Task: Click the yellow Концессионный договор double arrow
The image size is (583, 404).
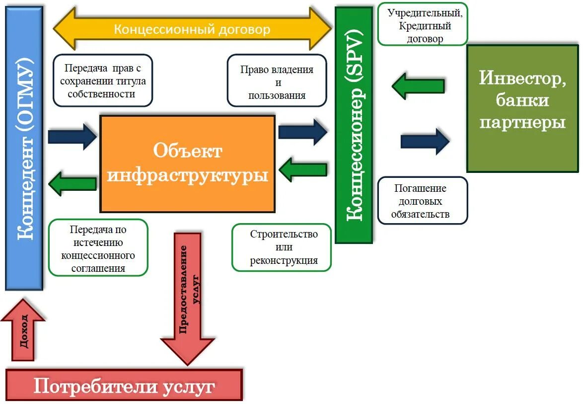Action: (192, 29)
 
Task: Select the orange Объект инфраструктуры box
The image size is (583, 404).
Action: (187, 164)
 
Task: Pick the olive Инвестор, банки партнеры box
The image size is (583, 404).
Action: (522, 108)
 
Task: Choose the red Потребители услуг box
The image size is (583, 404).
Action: (124, 386)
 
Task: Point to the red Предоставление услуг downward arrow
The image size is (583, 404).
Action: (187, 293)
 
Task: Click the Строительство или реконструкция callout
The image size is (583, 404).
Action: (282, 247)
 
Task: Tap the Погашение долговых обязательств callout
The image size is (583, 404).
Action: (422, 201)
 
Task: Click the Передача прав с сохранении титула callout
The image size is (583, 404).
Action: (103, 81)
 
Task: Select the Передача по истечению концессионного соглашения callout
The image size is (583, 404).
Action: (98, 247)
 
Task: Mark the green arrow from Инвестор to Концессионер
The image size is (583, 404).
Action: (418, 85)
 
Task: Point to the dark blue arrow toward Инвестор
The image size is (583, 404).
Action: (425, 141)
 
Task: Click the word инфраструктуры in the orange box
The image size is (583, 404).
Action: (187, 175)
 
